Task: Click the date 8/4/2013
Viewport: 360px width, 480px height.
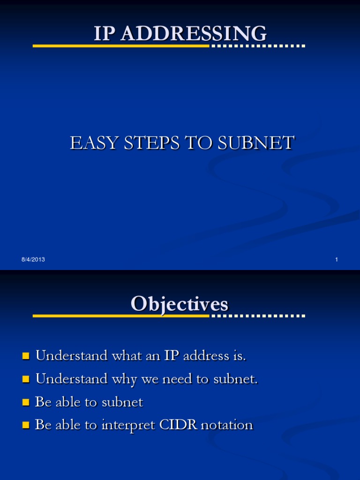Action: coord(33,260)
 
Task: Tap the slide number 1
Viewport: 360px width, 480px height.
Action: coord(337,260)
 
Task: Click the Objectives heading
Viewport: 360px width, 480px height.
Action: coord(180,304)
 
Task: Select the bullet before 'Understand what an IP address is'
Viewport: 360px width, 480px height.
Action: coord(26,356)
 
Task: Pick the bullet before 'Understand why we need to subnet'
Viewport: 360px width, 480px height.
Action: coord(26,379)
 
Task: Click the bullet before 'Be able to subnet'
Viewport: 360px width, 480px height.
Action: coord(26,402)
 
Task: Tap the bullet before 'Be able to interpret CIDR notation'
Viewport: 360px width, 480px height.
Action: coord(26,425)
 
